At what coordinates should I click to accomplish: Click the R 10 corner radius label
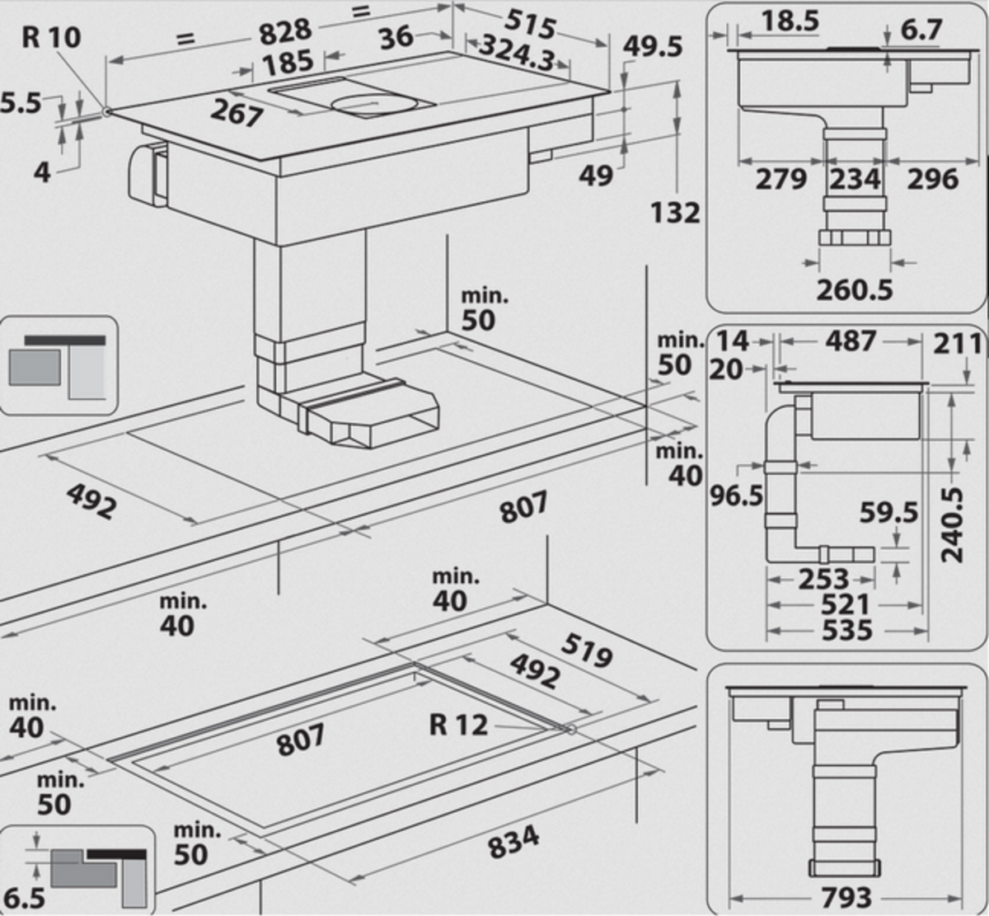click(x=51, y=38)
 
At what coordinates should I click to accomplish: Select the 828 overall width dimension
click(x=285, y=32)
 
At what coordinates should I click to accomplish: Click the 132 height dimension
click(x=675, y=213)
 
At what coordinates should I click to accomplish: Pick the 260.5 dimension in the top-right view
click(x=855, y=289)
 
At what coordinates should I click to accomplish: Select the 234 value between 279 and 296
click(x=855, y=179)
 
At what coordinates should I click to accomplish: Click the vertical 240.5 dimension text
click(x=953, y=524)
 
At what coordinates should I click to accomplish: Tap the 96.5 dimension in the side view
click(x=737, y=496)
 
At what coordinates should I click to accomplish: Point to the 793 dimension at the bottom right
click(x=847, y=897)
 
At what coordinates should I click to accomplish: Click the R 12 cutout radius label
click(x=458, y=725)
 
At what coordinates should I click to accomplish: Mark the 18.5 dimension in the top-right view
click(x=790, y=22)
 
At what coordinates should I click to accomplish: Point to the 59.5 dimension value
click(x=888, y=513)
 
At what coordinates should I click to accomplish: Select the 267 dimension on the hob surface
click(x=236, y=113)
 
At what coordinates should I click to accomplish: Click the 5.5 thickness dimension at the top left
click(x=20, y=104)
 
